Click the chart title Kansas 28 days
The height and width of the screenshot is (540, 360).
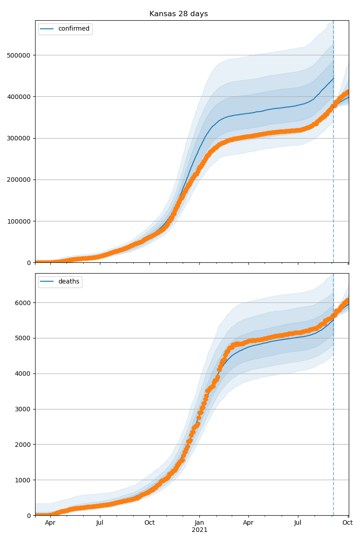[179, 14]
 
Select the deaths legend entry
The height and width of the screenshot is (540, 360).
[68, 282]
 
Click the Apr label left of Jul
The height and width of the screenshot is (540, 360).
[50, 523]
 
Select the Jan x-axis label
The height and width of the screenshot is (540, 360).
[199, 523]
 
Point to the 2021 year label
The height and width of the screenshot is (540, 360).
[199, 530]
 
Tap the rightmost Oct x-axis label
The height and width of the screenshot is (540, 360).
[347, 523]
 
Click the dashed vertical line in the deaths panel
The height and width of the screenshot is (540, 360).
[333, 405]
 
